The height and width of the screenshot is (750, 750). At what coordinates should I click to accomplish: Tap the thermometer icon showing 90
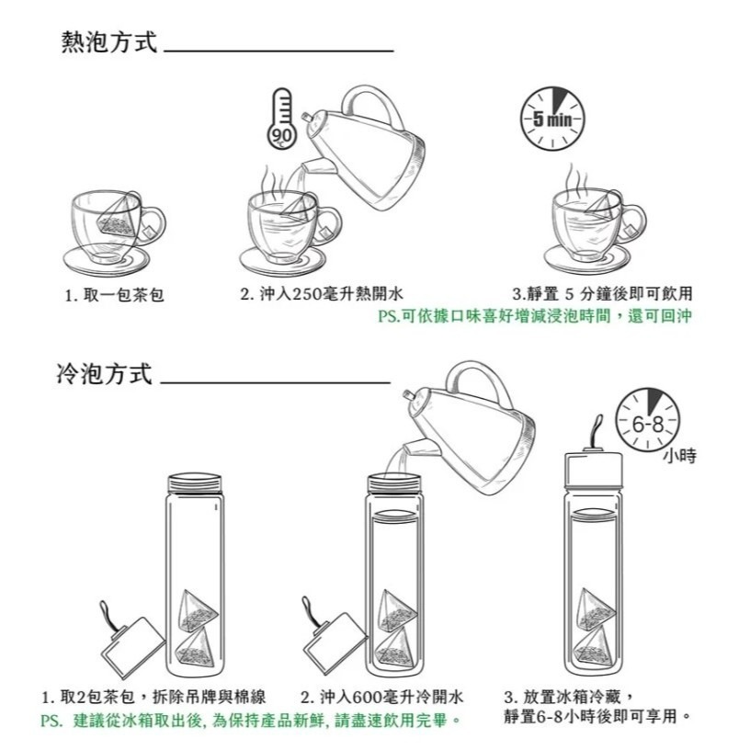pos(280,119)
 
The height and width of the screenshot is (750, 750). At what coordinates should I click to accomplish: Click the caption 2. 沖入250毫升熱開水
pos(321,295)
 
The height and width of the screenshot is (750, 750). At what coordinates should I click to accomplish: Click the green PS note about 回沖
pos(534,317)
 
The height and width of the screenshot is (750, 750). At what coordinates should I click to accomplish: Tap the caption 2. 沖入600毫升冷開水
pos(381,696)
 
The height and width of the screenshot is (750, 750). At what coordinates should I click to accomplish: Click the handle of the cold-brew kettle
pos(475,381)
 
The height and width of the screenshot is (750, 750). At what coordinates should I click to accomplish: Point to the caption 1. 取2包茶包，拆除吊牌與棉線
pos(153,696)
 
